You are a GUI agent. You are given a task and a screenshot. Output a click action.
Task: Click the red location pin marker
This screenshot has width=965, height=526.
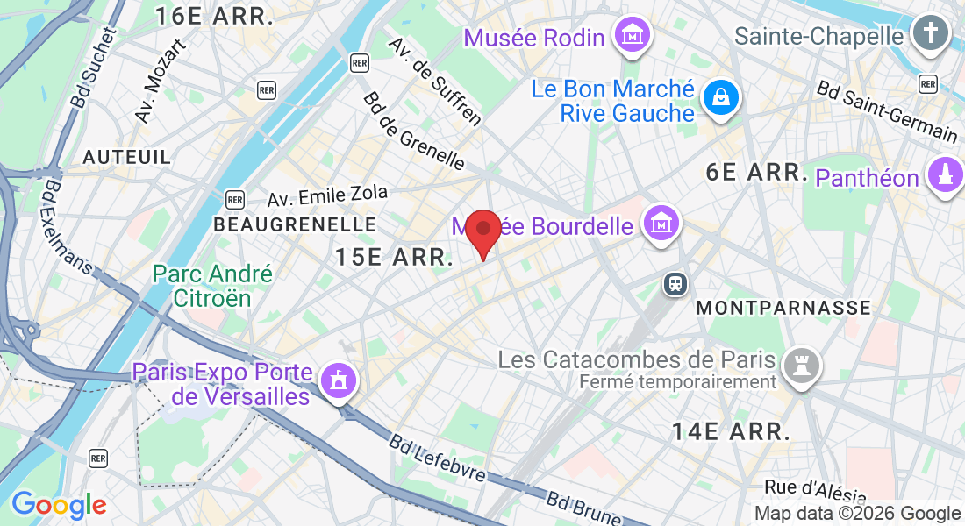coord(482,232)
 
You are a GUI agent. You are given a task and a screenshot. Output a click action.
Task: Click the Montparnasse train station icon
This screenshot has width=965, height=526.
coord(676,283)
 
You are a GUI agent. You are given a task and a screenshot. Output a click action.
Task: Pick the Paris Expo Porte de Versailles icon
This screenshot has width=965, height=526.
coord(338,380)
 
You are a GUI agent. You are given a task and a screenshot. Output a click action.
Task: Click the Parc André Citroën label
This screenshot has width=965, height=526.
coord(212,286)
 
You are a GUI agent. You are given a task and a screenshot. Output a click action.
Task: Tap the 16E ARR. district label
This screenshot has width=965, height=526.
coord(215,16)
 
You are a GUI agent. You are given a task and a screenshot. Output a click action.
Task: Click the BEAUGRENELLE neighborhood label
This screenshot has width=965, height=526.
coord(295,225)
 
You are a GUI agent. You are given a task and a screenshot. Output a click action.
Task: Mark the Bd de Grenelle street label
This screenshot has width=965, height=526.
coord(413,131)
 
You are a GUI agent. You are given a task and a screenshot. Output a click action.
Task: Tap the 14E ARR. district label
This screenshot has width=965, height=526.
coord(731,431)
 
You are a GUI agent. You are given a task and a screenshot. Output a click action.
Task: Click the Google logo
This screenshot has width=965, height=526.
coord(59,505)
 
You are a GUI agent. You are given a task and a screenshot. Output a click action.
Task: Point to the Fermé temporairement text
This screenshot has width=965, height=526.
coord(677,382)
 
